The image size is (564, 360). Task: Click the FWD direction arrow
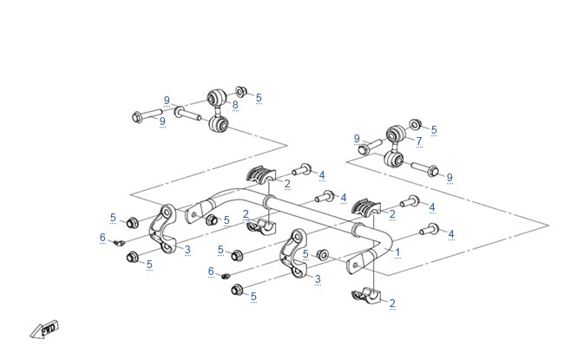(x=44, y=329)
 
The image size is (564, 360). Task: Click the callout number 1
(x=397, y=252)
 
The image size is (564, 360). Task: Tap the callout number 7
(x=419, y=141)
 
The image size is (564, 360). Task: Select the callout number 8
(x=235, y=105)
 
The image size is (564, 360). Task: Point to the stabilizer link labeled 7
(x=396, y=147)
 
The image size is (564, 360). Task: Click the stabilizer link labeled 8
(x=218, y=110)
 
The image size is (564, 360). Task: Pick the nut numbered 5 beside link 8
(x=240, y=91)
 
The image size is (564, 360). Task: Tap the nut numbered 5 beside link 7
(x=415, y=124)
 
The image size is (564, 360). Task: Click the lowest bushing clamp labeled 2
(x=366, y=296)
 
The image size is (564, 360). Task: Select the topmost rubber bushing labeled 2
(x=261, y=174)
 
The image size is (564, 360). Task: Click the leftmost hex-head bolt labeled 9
(x=148, y=115)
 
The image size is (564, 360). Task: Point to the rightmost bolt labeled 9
(x=424, y=169)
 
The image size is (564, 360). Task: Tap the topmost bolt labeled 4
(x=301, y=169)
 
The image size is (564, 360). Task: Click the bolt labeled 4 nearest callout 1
(x=430, y=229)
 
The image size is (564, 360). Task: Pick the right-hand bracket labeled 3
(x=293, y=253)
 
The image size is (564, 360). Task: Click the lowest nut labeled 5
(x=237, y=289)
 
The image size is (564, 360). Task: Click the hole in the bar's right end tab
(x=356, y=265)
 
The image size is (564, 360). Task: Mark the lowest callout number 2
(x=392, y=303)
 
